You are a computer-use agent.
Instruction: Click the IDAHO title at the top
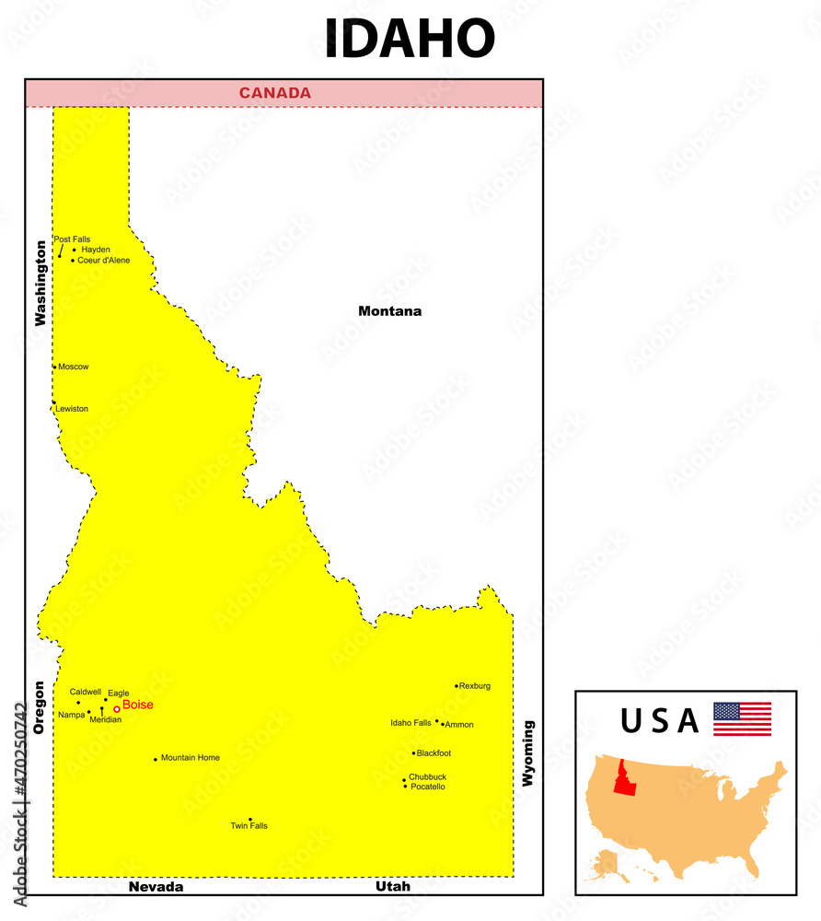click(x=410, y=39)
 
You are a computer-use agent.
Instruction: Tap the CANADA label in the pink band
click(x=275, y=93)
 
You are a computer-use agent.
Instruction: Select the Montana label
click(x=389, y=311)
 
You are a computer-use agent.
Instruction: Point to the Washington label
click(x=40, y=284)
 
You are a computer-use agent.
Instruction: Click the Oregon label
click(x=39, y=707)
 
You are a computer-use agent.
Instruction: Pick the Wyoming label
click(x=527, y=753)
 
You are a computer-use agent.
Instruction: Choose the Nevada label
click(x=156, y=887)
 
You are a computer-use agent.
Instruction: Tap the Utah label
click(x=393, y=887)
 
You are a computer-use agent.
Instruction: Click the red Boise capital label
click(x=138, y=705)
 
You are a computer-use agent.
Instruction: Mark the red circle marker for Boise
click(x=117, y=708)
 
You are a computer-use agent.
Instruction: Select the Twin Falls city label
click(x=249, y=826)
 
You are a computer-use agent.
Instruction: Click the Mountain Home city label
click(x=191, y=758)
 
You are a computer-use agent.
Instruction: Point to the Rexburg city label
click(x=475, y=686)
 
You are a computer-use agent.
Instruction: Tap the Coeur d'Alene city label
click(x=103, y=261)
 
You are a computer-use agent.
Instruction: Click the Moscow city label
click(x=74, y=367)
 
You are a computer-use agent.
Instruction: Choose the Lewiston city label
click(x=72, y=409)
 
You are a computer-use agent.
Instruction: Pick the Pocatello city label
click(x=428, y=787)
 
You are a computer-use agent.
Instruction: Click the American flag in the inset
click(x=742, y=718)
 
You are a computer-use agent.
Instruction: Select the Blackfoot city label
click(x=434, y=753)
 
